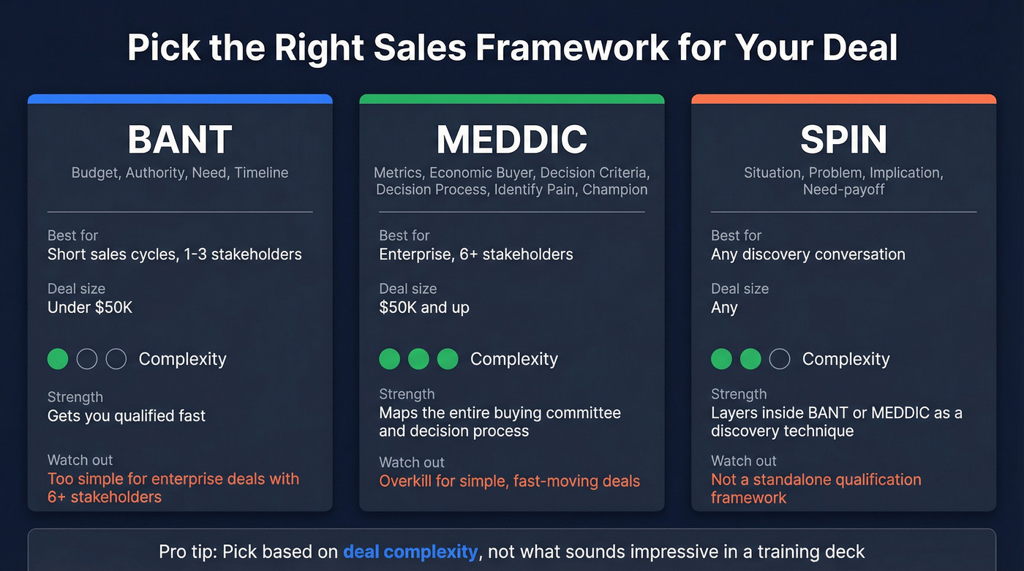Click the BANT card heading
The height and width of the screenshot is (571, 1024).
180,139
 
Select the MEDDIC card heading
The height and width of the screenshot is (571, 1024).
512,139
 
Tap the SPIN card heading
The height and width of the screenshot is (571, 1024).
843,139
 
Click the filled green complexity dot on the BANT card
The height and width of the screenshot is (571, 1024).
58,359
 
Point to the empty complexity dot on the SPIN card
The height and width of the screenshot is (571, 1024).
780,359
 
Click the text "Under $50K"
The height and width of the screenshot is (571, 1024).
90,307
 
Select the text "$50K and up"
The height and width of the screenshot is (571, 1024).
424,307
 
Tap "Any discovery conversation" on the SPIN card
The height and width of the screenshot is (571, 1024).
808,254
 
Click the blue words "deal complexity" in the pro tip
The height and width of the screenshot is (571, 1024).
410,551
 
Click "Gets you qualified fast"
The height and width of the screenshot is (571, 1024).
127,416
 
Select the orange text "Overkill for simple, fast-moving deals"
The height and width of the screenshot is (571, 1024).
510,481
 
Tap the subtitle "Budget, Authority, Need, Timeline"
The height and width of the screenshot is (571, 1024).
180,173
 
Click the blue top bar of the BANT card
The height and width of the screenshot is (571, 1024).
180,99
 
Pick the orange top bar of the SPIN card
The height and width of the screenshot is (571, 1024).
843,99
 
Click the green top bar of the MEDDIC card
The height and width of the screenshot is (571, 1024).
512,99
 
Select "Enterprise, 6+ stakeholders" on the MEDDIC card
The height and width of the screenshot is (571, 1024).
476,254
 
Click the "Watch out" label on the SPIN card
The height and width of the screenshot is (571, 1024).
744,461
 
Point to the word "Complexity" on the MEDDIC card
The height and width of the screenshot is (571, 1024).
514,359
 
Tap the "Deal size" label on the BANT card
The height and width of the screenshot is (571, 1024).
77,289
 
